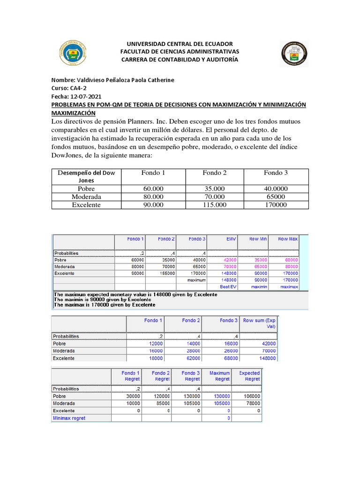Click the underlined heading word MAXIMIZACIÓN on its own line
tap(73, 113)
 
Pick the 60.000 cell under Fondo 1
tap(153, 188)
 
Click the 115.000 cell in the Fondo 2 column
tap(215, 205)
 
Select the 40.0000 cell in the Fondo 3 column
tap(276, 188)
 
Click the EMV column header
tap(231, 239)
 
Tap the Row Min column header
tap(258, 239)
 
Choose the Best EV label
tap(229, 286)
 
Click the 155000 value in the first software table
tap(165, 273)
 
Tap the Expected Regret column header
tap(249, 376)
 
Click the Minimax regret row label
tap(69, 418)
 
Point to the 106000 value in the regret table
tap(251, 396)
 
